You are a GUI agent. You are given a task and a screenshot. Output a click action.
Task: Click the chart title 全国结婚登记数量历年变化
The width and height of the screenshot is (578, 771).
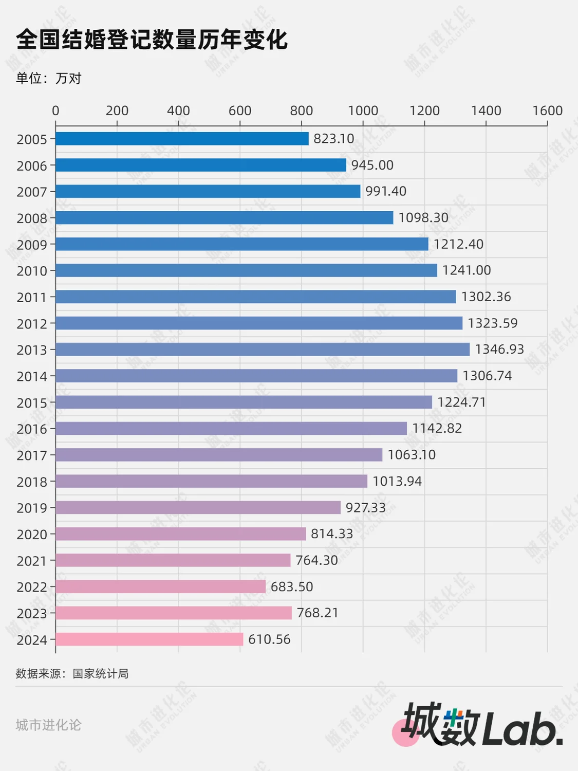click(x=152, y=40)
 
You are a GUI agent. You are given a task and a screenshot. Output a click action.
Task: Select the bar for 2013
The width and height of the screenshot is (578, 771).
click(x=263, y=350)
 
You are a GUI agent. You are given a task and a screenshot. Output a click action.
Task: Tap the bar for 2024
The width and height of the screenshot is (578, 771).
click(x=149, y=639)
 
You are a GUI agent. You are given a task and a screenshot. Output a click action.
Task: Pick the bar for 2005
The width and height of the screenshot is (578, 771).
click(x=182, y=139)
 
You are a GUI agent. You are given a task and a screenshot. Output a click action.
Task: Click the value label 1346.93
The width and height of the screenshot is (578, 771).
click(x=499, y=350)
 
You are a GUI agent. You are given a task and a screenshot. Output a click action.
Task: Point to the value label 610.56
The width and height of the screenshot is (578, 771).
click(x=269, y=639)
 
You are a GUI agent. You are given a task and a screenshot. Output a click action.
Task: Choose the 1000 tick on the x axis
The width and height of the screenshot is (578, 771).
click(x=363, y=111)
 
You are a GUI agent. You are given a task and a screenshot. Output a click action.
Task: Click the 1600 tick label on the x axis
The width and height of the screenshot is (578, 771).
click(x=547, y=111)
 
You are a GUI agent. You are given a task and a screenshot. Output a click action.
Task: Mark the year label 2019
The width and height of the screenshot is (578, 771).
click(x=32, y=508)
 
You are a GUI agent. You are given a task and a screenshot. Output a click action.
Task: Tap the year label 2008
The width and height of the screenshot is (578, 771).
click(x=32, y=218)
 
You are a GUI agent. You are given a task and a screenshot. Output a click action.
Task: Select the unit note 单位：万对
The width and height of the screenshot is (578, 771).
click(x=49, y=78)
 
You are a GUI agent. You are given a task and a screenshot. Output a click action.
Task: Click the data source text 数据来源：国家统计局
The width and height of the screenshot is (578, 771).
click(x=72, y=673)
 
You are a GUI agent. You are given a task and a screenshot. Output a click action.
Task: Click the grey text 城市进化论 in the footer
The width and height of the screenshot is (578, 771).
click(x=48, y=725)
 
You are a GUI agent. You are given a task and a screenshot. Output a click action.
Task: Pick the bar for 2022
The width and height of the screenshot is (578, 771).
click(x=160, y=586)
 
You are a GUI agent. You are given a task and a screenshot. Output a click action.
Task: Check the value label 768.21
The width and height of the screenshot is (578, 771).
click(x=318, y=613)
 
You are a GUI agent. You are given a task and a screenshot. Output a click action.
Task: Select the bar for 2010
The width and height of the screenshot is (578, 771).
click(x=246, y=270)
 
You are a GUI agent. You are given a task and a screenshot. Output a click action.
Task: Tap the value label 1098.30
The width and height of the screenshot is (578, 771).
click(x=423, y=217)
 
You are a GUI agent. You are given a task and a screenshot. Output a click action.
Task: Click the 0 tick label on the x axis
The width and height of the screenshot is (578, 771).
click(x=55, y=111)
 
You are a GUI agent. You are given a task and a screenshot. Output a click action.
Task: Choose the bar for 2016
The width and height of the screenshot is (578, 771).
click(x=231, y=428)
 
